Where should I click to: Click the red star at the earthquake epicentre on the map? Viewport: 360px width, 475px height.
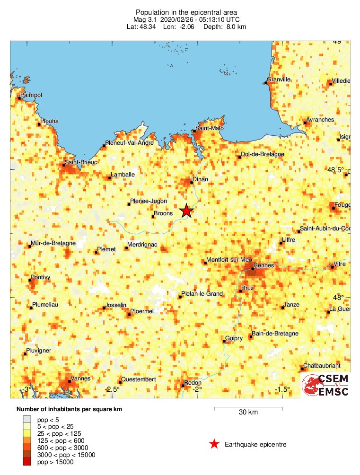click(x=186, y=211)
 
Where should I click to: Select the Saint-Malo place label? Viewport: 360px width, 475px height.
click(x=210, y=128)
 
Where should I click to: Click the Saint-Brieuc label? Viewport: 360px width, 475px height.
click(x=81, y=162)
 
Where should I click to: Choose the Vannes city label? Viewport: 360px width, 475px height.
click(x=80, y=378)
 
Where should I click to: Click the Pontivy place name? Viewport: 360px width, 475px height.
click(x=41, y=277)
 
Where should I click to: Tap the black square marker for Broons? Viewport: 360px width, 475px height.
click(x=153, y=217)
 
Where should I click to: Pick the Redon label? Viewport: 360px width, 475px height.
click(x=193, y=383)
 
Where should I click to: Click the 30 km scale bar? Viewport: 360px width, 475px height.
click(x=248, y=408)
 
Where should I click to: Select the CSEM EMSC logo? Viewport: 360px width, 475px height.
click(x=326, y=385)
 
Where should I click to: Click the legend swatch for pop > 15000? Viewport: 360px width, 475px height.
click(x=29, y=462)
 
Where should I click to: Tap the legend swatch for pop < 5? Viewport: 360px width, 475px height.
click(x=29, y=419)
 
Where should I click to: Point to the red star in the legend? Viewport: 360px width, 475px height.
click(x=214, y=444)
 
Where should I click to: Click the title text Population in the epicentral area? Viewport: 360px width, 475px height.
click(x=179, y=12)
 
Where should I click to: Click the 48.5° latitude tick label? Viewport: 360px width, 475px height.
click(x=335, y=170)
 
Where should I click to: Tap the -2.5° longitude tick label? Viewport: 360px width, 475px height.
click(x=112, y=389)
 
